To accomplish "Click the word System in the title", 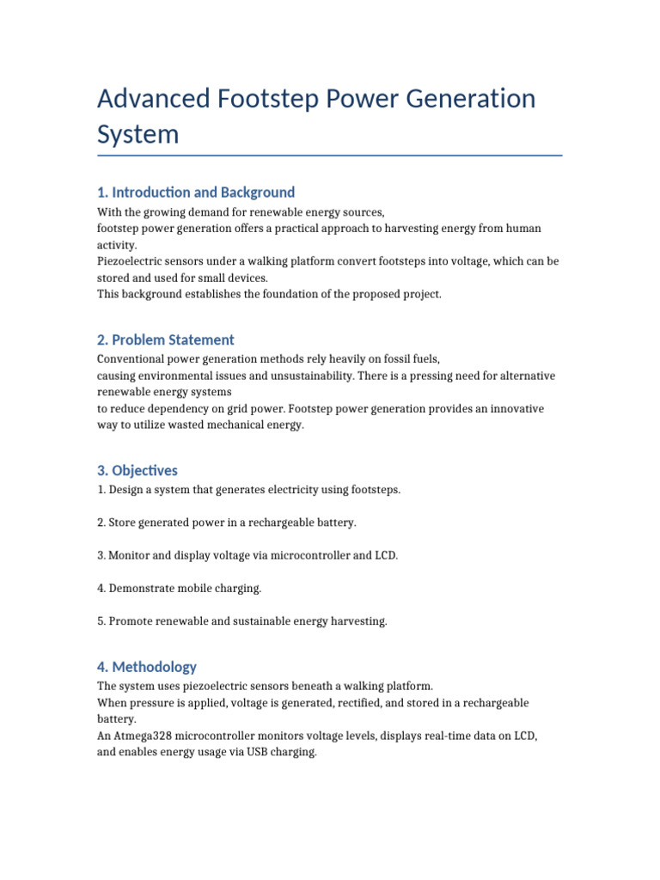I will [138, 134].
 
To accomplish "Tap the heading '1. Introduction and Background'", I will [196, 192].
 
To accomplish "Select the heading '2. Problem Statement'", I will [166, 339].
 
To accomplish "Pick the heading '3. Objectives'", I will [137, 470].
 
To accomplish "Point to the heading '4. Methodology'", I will [147, 666].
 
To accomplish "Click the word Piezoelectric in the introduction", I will [131, 261].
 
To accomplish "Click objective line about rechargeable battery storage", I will [227, 522].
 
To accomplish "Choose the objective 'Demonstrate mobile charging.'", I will [180, 588].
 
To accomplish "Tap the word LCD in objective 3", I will [387, 555].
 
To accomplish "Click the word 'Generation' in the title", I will [465, 99].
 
